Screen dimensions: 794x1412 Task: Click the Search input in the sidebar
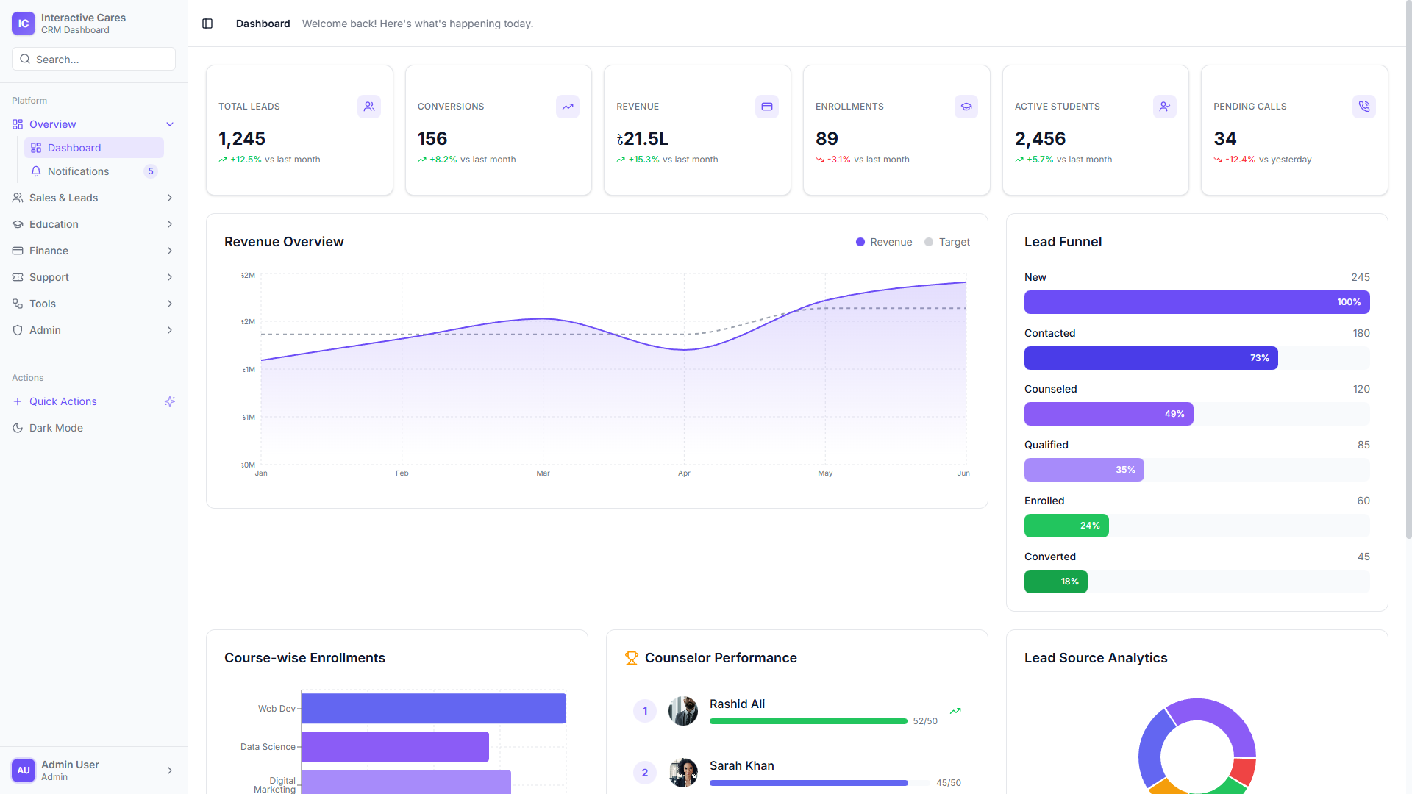pyautogui.click(x=93, y=60)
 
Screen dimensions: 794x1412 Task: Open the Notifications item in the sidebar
pyautogui.click(x=78, y=171)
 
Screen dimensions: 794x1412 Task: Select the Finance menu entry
pyautogui.click(x=49, y=251)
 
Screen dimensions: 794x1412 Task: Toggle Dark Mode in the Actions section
pyautogui.click(x=56, y=428)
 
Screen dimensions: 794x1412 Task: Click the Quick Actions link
pyautogui.click(x=63, y=401)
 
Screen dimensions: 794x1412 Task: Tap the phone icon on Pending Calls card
pyautogui.click(x=1363, y=107)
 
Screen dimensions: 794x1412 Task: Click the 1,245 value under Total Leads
pyautogui.click(x=242, y=139)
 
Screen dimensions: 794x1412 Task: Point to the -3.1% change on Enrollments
pyautogui.click(x=838, y=160)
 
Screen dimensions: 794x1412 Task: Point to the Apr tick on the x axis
pyautogui.click(x=684, y=473)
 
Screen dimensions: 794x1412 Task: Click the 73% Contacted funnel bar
pyautogui.click(x=1151, y=358)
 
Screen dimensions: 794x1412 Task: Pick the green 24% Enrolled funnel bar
pyautogui.click(x=1066, y=526)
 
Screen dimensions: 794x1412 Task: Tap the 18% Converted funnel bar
pyautogui.click(x=1055, y=582)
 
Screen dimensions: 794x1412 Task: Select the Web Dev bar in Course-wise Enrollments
pyautogui.click(x=433, y=709)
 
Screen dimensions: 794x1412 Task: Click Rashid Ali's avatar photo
pyautogui.click(x=683, y=711)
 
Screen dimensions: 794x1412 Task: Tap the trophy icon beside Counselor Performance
pyautogui.click(x=631, y=658)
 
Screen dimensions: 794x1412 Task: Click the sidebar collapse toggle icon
pyautogui.click(x=207, y=24)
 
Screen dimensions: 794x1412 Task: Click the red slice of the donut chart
pyautogui.click(x=1244, y=770)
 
